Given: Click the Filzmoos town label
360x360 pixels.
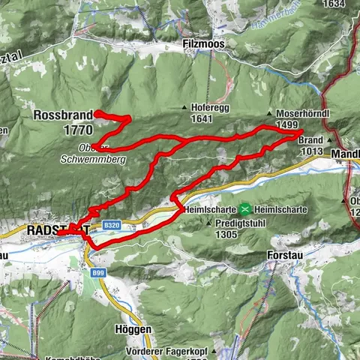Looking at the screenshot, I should click(202, 45).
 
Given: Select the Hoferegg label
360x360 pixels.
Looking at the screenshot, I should click(209, 107).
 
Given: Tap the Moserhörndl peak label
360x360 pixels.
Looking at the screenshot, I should click(292, 114).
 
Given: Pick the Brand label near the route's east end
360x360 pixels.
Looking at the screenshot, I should click(310, 139).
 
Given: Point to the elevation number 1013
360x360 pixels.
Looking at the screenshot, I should click(310, 150).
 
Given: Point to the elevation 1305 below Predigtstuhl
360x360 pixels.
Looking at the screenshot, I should click(223, 234).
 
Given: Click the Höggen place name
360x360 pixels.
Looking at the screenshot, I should click(133, 329).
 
